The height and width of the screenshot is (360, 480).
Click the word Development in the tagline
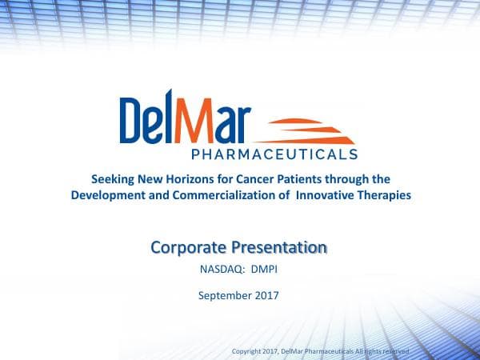pos(106,194)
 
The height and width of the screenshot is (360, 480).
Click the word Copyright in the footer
pos(246,351)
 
